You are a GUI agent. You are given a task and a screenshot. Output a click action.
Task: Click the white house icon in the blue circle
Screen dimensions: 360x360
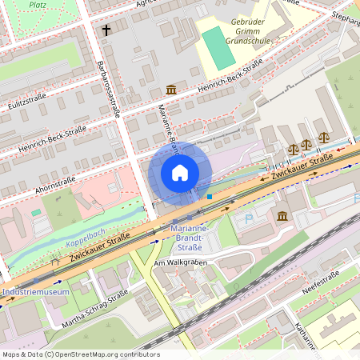180,173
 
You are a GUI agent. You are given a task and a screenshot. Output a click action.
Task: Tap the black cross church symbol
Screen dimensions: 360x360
106,30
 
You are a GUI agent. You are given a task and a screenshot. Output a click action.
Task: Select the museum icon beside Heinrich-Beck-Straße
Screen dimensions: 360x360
170,90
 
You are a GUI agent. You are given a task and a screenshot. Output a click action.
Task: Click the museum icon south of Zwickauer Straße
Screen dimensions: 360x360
283,217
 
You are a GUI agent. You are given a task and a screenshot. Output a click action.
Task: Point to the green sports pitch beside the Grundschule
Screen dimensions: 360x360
217,46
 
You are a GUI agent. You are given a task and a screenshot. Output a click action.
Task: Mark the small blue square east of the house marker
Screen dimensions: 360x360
210,196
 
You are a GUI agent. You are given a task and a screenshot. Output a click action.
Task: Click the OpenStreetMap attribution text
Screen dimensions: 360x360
80,354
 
